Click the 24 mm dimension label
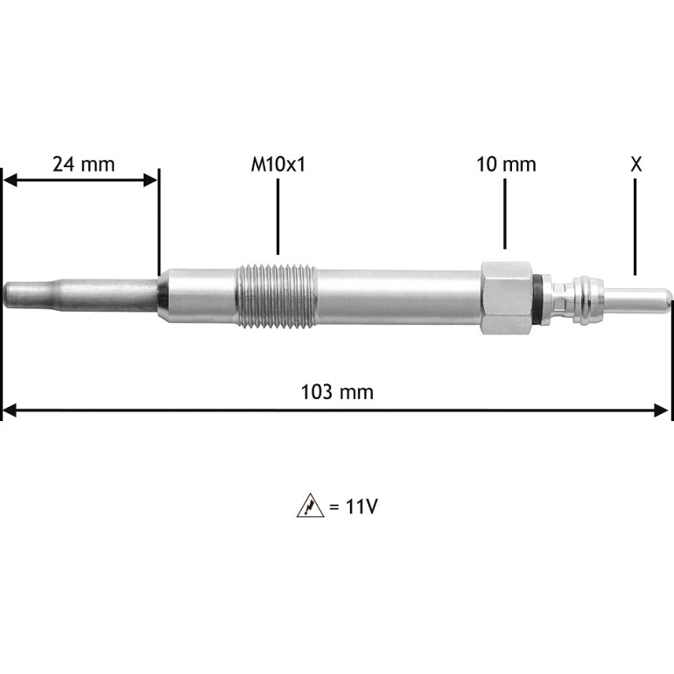[x=84, y=165]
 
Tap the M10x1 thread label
[x=278, y=165]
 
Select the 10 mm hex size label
[x=506, y=165]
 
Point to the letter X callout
[x=636, y=165]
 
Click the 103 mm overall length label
[x=337, y=392]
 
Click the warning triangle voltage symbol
[x=311, y=506]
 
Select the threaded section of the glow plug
[x=277, y=296]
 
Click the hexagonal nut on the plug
[x=507, y=298]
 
